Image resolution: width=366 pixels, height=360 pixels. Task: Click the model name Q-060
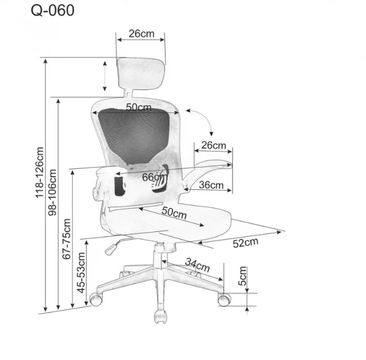[52, 11]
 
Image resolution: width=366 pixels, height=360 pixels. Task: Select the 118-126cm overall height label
[39, 172]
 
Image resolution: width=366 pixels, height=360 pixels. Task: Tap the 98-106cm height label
[52, 192]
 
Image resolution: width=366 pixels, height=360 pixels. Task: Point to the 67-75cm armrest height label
[66, 239]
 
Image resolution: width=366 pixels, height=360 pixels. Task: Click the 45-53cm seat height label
[81, 272]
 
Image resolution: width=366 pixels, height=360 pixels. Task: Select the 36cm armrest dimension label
[211, 185]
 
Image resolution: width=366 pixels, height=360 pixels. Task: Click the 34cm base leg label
[197, 265]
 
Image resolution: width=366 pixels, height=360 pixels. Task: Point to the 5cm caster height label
[242, 276]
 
